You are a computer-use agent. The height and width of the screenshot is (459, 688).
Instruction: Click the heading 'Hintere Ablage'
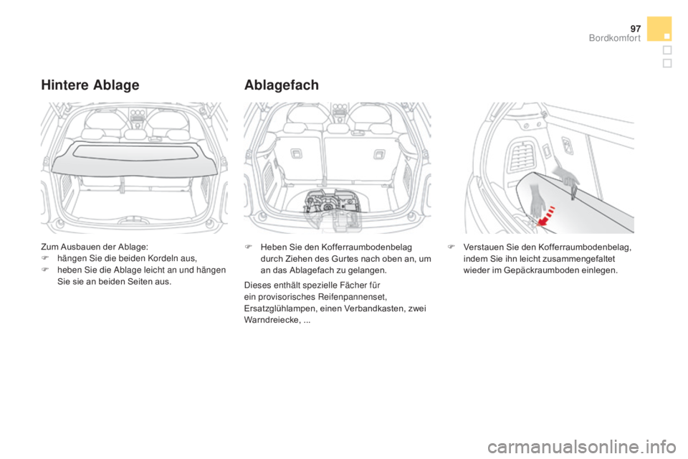[90, 84]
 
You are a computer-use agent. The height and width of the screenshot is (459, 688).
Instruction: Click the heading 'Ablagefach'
[282, 84]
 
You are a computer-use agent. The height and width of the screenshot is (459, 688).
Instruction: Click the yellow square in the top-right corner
[659, 28]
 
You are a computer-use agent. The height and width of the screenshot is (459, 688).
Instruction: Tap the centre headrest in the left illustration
[135, 134]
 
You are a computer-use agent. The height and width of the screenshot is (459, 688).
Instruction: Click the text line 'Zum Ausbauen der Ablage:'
[78, 246]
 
